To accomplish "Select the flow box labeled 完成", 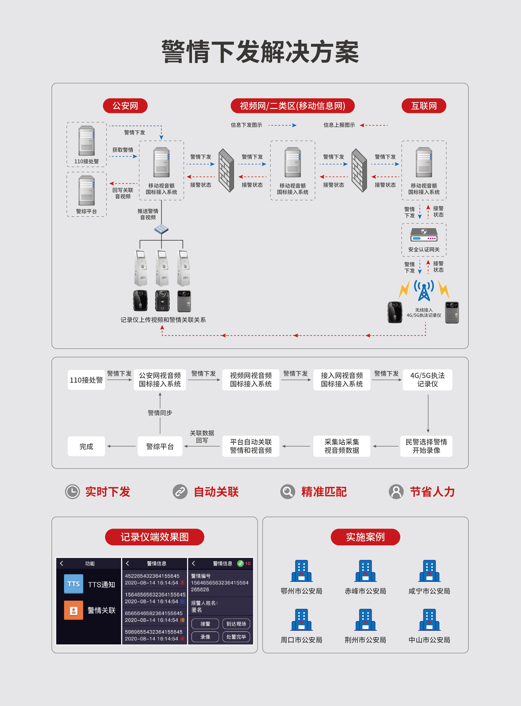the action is (x=86, y=446).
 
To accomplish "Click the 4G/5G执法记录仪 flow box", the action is (x=427, y=380).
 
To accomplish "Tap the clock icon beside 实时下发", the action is (x=72, y=491).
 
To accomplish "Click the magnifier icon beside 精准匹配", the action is (x=288, y=491).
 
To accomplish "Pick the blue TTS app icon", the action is (x=73, y=584).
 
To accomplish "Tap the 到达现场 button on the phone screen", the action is (x=236, y=624).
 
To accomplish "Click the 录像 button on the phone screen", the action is (x=205, y=637).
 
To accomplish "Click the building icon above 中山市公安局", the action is (x=429, y=620).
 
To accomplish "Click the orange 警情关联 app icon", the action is (x=73, y=610).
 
